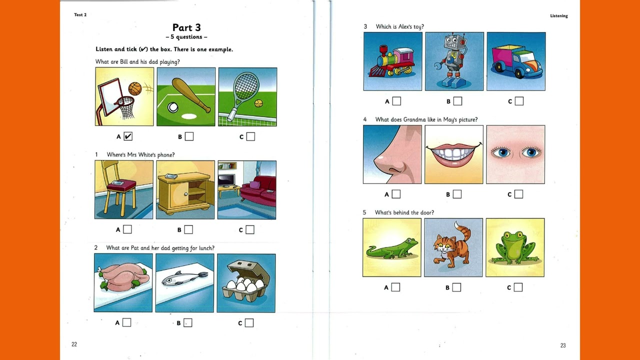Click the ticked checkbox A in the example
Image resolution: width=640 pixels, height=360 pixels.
[x=128, y=136]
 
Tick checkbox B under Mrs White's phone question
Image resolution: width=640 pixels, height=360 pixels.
[x=188, y=229]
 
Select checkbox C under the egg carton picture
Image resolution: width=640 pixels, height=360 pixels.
[x=249, y=323]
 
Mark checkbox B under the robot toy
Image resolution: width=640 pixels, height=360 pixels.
[x=457, y=101]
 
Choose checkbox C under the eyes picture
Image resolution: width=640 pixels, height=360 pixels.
[x=518, y=194]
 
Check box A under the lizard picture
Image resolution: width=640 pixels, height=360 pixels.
[x=395, y=287]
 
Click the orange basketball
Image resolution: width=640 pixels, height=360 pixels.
[x=135, y=89]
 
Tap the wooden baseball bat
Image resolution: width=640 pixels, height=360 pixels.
[x=191, y=95]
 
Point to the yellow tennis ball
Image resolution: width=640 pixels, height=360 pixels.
[x=259, y=103]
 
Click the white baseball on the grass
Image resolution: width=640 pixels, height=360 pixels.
[x=173, y=107]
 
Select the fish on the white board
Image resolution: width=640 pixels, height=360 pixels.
[x=184, y=278]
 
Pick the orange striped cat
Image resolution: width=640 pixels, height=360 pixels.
[x=452, y=246]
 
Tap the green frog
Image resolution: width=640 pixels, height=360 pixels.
[x=515, y=248]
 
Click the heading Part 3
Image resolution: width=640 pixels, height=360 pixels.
[x=186, y=27]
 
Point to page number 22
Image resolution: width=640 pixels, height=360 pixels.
[x=74, y=344]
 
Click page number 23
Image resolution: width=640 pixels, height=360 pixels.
[x=563, y=345]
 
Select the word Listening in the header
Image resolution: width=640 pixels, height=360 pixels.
[x=559, y=16]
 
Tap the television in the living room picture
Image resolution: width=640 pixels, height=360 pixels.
[x=226, y=180]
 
